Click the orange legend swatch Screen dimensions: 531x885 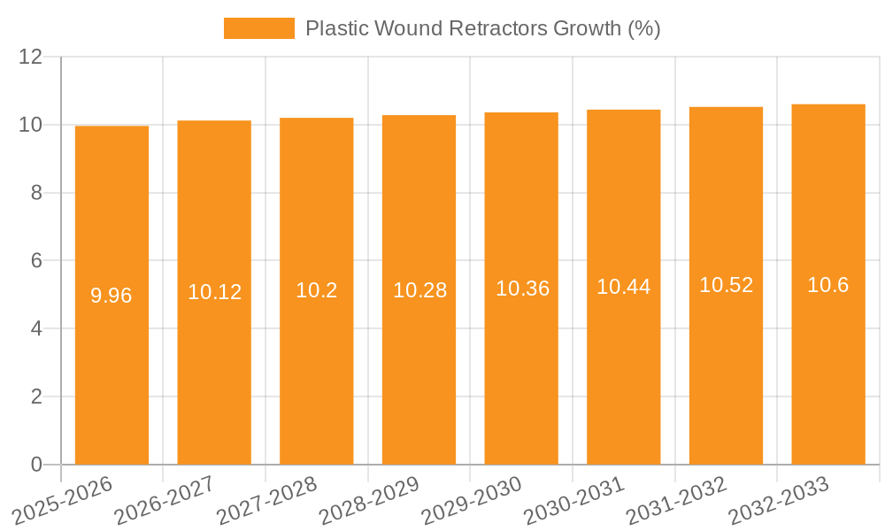click(258, 28)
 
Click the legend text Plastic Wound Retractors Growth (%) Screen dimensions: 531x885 click(482, 28)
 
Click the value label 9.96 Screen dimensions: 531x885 click(112, 296)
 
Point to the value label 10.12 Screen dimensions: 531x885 click(214, 292)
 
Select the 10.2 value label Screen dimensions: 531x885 click(317, 290)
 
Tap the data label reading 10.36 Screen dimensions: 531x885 click(521, 289)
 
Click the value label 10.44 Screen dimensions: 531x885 click(624, 287)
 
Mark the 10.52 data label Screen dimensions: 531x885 click(726, 285)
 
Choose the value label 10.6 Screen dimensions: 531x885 click(828, 285)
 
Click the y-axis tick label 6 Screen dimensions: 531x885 click(36, 261)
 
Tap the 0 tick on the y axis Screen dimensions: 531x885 click(36, 465)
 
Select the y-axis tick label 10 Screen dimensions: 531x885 click(31, 125)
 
